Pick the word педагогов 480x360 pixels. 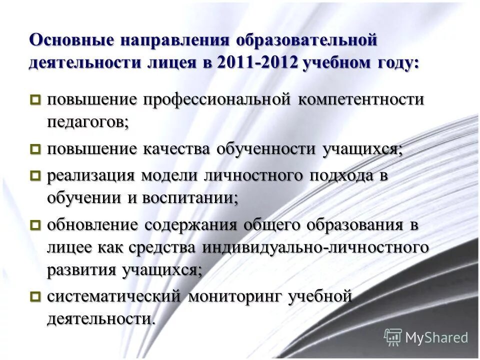(87, 122)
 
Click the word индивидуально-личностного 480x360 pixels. (315, 247)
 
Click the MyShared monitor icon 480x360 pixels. (393, 336)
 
